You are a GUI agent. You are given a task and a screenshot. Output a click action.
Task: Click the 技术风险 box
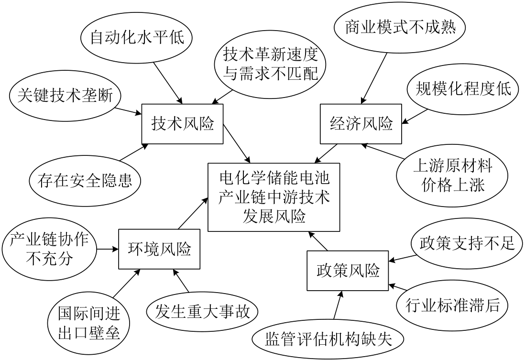(x=182, y=124)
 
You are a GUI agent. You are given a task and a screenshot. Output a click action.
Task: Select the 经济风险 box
(x=361, y=124)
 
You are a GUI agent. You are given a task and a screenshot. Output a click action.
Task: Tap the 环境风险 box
(x=159, y=249)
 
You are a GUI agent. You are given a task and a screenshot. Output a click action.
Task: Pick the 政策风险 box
(x=348, y=272)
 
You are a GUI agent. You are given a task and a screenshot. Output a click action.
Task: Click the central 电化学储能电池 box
(x=274, y=197)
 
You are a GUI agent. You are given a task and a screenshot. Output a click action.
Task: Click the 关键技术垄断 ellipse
(x=66, y=96)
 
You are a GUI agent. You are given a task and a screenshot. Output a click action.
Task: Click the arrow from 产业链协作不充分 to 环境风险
(x=108, y=249)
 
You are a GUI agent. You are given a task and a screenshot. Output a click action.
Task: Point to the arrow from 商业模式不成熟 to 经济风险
(x=373, y=76)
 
